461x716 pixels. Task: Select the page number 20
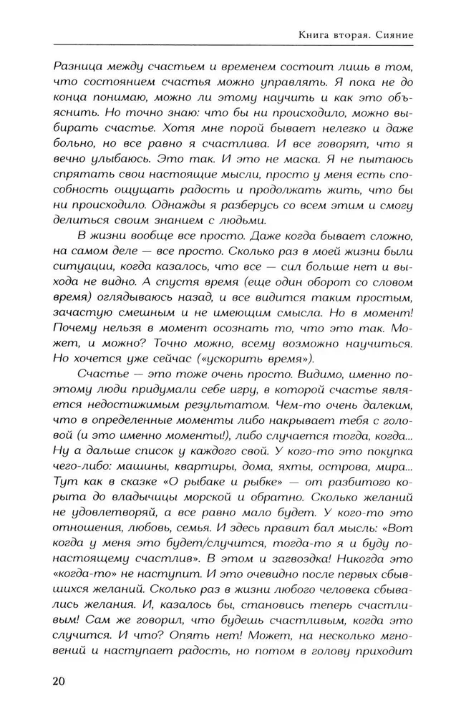click(59, 680)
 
